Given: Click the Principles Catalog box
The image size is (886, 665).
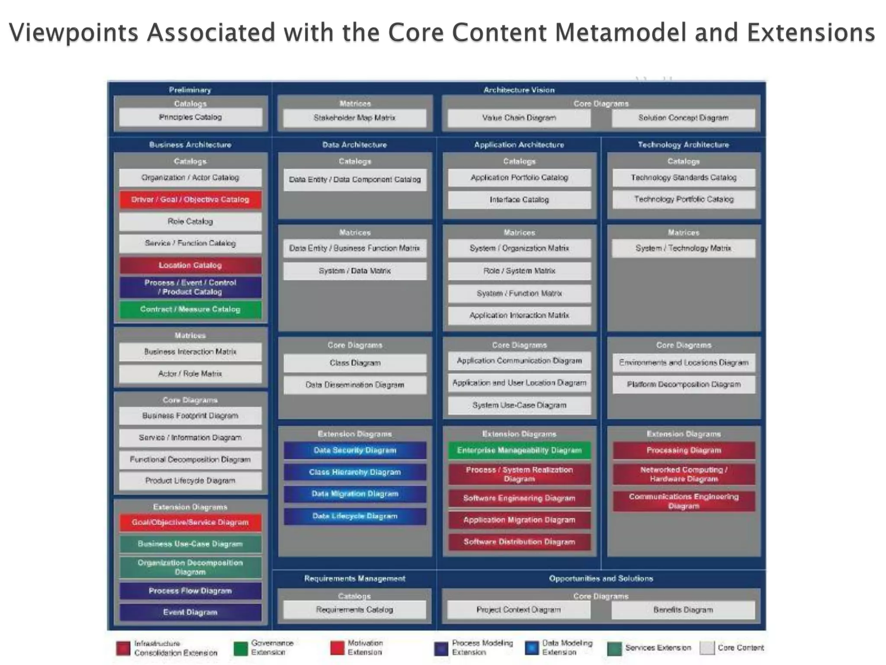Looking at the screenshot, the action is point(190,117).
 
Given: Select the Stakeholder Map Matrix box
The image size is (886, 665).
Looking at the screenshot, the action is point(354,118).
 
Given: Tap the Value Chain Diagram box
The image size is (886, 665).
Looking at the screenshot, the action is point(519,118).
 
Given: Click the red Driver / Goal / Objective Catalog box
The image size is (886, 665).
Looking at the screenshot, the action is point(190,200).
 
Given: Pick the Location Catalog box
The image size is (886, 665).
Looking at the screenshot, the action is point(190,265).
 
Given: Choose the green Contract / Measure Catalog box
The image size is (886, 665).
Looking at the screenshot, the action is point(190,309).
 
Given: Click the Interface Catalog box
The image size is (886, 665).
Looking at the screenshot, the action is point(519,200).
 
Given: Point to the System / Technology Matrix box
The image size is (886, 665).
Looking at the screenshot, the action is point(683,248).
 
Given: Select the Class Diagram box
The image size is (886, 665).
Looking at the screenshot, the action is point(355,363).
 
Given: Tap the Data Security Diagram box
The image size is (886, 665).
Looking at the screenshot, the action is point(355,450).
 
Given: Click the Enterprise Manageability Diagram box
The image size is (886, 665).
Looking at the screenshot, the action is point(519,450).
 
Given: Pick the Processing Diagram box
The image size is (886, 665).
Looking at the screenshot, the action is point(684,450).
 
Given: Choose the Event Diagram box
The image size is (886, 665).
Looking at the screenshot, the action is point(190,612).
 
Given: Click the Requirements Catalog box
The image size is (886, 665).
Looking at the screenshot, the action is point(354,610).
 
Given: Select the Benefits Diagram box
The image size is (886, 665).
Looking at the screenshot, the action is point(683,610).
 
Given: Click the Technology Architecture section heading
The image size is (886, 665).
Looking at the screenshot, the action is point(683,145).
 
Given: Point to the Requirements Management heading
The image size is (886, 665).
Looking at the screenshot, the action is point(354,578).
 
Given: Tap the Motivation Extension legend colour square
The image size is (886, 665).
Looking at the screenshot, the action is point(337,648).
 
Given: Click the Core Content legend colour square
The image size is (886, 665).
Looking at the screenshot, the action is point(706,648).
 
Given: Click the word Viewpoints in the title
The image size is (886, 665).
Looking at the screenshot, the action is point(74,33).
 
